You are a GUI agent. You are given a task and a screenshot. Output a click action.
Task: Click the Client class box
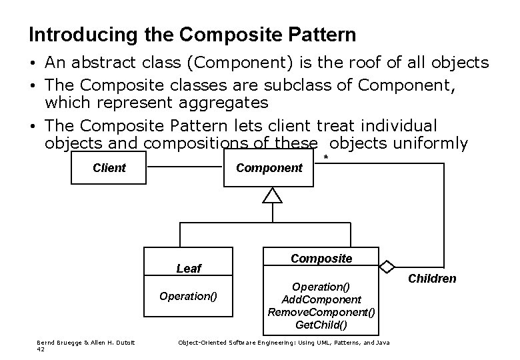[x=109, y=167]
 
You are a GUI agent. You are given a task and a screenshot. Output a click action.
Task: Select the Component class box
[x=269, y=167]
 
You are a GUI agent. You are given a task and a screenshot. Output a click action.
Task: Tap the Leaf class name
[x=189, y=268]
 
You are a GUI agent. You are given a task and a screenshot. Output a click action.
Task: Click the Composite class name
[x=321, y=258]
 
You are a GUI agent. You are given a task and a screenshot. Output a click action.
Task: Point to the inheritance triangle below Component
[x=273, y=195]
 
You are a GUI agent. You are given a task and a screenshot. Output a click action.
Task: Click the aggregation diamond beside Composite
[x=387, y=267]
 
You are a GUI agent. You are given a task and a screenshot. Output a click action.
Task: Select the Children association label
[x=432, y=279]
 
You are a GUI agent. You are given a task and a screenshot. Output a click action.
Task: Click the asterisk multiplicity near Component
[x=325, y=157]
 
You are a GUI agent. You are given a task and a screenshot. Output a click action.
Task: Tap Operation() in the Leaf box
[x=188, y=296]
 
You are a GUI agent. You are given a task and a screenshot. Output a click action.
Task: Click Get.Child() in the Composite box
[x=321, y=325]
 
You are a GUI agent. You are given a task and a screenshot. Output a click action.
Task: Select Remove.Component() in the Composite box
[x=321, y=312]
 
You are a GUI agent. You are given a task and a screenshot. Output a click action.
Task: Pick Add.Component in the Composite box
[x=321, y=299]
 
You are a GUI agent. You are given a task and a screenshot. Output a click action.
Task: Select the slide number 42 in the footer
[x=41, y=349]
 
